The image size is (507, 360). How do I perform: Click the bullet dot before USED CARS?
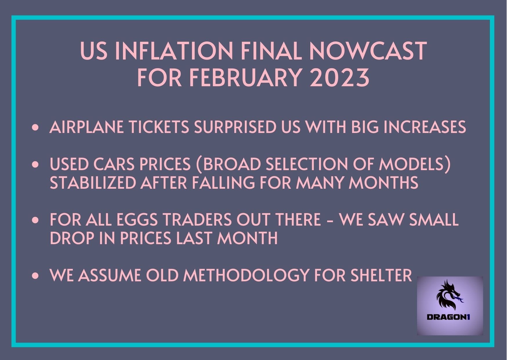coord(36,165)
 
